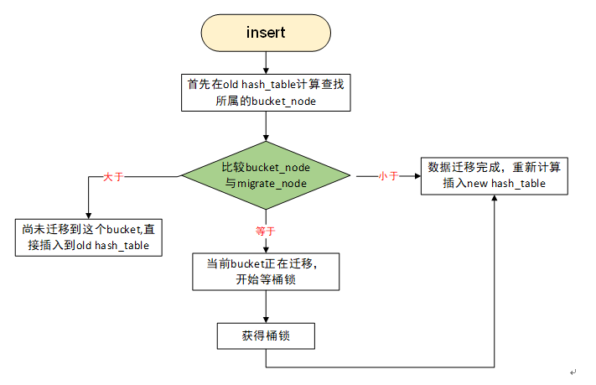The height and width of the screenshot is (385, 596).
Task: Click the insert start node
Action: [265, 33]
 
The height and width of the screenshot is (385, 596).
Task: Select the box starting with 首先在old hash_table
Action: [265, 92]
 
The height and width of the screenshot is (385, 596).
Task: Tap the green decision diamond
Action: [265, 175]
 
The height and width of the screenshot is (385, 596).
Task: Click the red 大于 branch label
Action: [113, 177]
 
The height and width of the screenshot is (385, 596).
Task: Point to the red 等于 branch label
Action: [266, 229]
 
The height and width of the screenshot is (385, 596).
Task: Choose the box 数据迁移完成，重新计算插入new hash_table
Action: [494, 175]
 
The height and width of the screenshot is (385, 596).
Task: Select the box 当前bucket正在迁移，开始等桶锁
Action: [265, 271]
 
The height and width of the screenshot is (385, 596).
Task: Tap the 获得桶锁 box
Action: [265, 336]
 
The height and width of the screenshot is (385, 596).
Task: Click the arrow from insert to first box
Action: [265, 61]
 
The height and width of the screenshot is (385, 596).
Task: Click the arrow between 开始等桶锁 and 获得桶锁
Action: [265, 307]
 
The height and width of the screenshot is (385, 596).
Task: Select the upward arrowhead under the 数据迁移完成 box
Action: [494, 200]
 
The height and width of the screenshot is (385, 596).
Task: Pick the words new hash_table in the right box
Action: [510, 184]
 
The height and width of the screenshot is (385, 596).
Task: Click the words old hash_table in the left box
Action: [121, 245]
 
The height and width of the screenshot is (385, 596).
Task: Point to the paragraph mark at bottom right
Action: [573, 372]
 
